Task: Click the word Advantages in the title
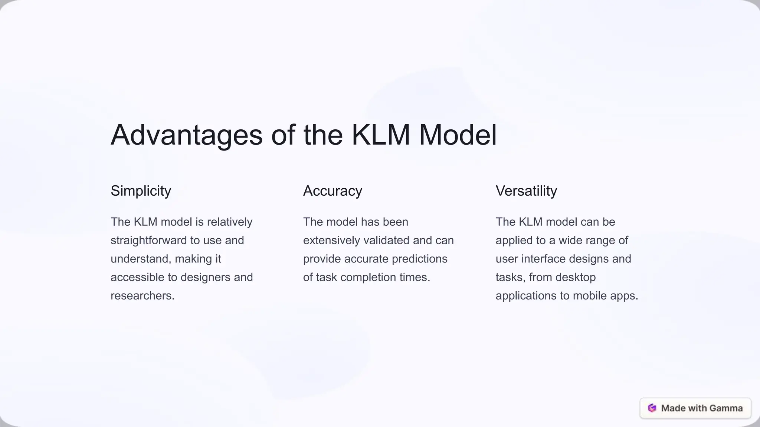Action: tap(187, 135)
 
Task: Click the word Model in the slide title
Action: tap(458, 135)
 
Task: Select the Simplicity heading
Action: tap(141, 191)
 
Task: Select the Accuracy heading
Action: tap(332, 191)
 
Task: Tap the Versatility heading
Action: tap(526, 191)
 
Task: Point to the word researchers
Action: tap(142, 296)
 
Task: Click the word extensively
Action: tap(331, 241)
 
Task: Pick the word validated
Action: tap(386, 241)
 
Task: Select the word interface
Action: tap(543, 259)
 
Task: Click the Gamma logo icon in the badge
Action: tap(652, 408)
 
